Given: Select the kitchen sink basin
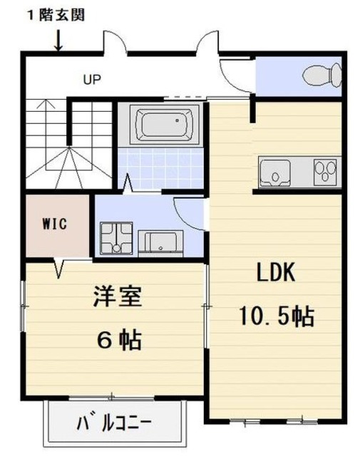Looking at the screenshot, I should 274,172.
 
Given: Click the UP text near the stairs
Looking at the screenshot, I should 91,79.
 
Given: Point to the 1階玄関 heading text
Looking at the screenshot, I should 57,14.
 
